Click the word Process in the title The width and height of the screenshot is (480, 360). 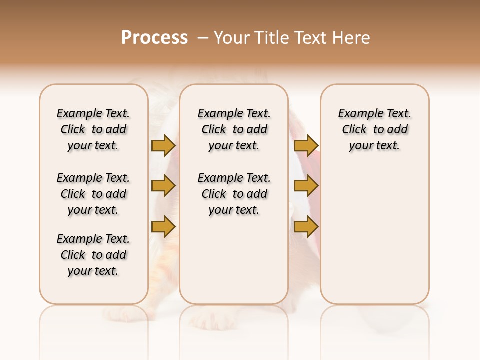(154, 38)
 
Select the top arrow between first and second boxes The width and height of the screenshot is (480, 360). (163, 145)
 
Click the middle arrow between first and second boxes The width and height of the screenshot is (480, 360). (163, 186)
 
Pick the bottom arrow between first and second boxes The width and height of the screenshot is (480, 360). (163, 226)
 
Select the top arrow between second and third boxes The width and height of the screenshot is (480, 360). (306, 145)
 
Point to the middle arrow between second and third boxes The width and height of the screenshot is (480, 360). (306, 186)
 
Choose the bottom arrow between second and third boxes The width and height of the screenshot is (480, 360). (306, 226)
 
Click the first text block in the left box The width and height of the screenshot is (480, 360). (93, 129)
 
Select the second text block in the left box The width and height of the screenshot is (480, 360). (93, 194)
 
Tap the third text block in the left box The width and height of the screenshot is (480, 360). (93, 255)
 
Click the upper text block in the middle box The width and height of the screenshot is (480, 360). (234, 129)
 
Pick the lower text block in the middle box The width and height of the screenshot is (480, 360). (234, 194)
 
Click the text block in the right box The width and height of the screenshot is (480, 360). (374, 129)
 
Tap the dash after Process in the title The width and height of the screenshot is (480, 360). (202, 38)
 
